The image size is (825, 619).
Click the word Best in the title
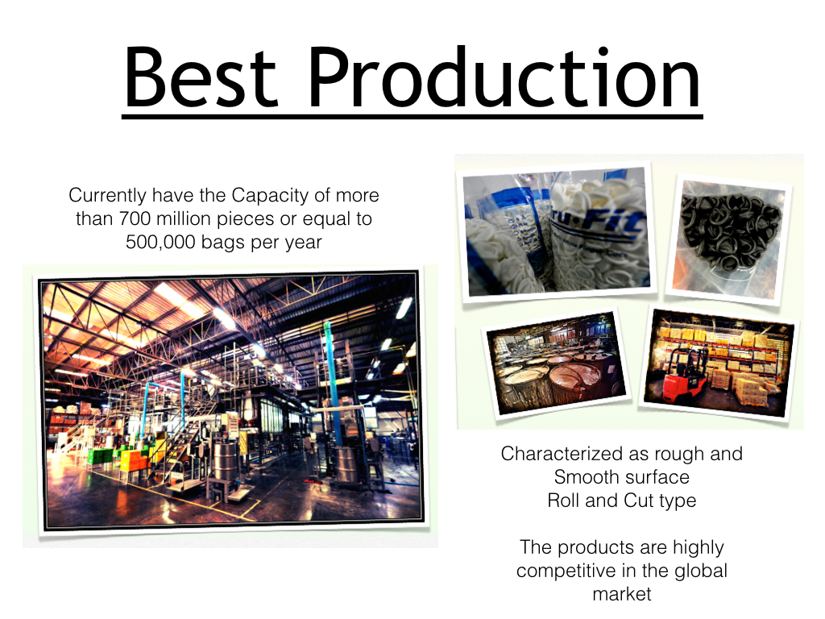tap(201, 77)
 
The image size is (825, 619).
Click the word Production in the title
tap(504, 77)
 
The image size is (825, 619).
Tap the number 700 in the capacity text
tap(135, 218)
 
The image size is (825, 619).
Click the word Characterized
tap(562, 454)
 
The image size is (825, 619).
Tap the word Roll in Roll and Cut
tap(563, 500)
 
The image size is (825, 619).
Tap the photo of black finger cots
tap(730, 239)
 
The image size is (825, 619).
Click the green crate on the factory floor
tap(99, 456)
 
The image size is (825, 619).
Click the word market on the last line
tap(621, 594)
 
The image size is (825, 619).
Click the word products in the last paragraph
tap(595, 548)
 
